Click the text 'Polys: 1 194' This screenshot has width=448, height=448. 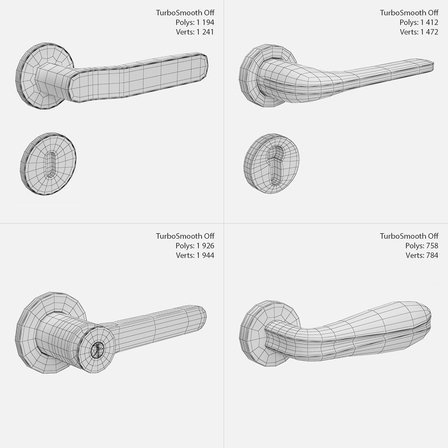(x=195, y=22)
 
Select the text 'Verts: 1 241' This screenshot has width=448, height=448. (x=195, y=32)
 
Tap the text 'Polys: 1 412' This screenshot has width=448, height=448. (x=419, y=22)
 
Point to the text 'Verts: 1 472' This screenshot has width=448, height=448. (x=419, y=32)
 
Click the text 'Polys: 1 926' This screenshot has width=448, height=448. (x=195, y=246)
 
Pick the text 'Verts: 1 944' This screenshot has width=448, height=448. (x=195, y=255)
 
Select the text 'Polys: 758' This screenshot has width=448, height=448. (x=421, y=246)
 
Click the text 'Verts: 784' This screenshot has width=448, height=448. (x=421, y=255)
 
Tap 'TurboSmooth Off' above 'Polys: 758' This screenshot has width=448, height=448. (x=409, y=236)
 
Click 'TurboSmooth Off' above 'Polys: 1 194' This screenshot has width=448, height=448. (x=185, y=13)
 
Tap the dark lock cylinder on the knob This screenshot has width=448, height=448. (x=97, y=350)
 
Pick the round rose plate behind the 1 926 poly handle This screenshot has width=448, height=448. (x=29, y=328)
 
